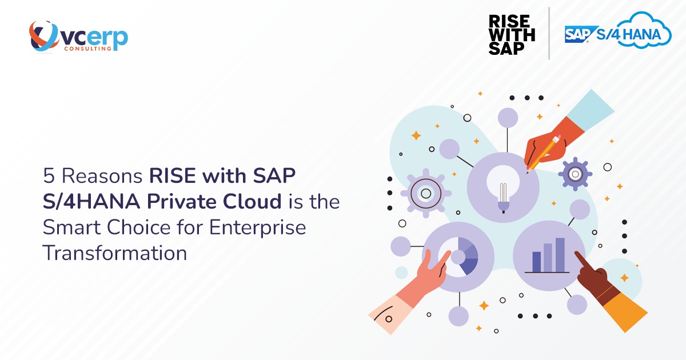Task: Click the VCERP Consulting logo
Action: [x=78, y=37]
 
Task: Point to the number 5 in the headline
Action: [x=49, y=177]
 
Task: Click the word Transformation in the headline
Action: [x=115, y=252]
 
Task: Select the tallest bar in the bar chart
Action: [x=560, y=254]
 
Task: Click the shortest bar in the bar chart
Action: [x=536, y=261]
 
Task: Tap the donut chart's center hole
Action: [x=457, y=258]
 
